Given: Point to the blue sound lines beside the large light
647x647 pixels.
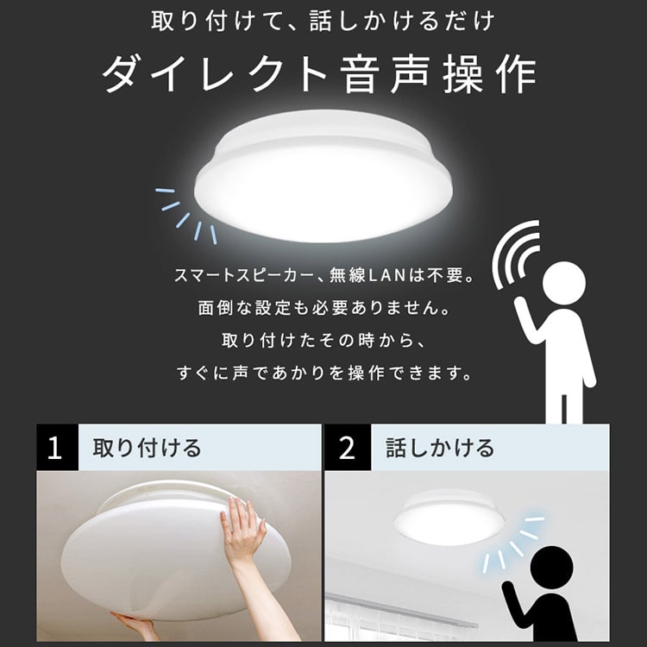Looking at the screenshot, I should pyautogui.click(x=185, y=211).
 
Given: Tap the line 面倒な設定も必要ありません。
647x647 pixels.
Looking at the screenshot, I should pyautogui.click(x=323, y=308).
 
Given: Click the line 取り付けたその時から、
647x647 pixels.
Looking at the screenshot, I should pyautogui.click(x=323, y=341).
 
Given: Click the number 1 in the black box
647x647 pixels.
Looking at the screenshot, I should pyautogui.click(x=56, y=448).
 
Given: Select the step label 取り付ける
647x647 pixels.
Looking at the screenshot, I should pyautogui.click(x=146, y=448).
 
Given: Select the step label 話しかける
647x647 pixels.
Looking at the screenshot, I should pyautogui.click(x=440, y=448).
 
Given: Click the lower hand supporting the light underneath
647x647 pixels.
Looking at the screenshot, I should pyautogui.click(x=138, y=625).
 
